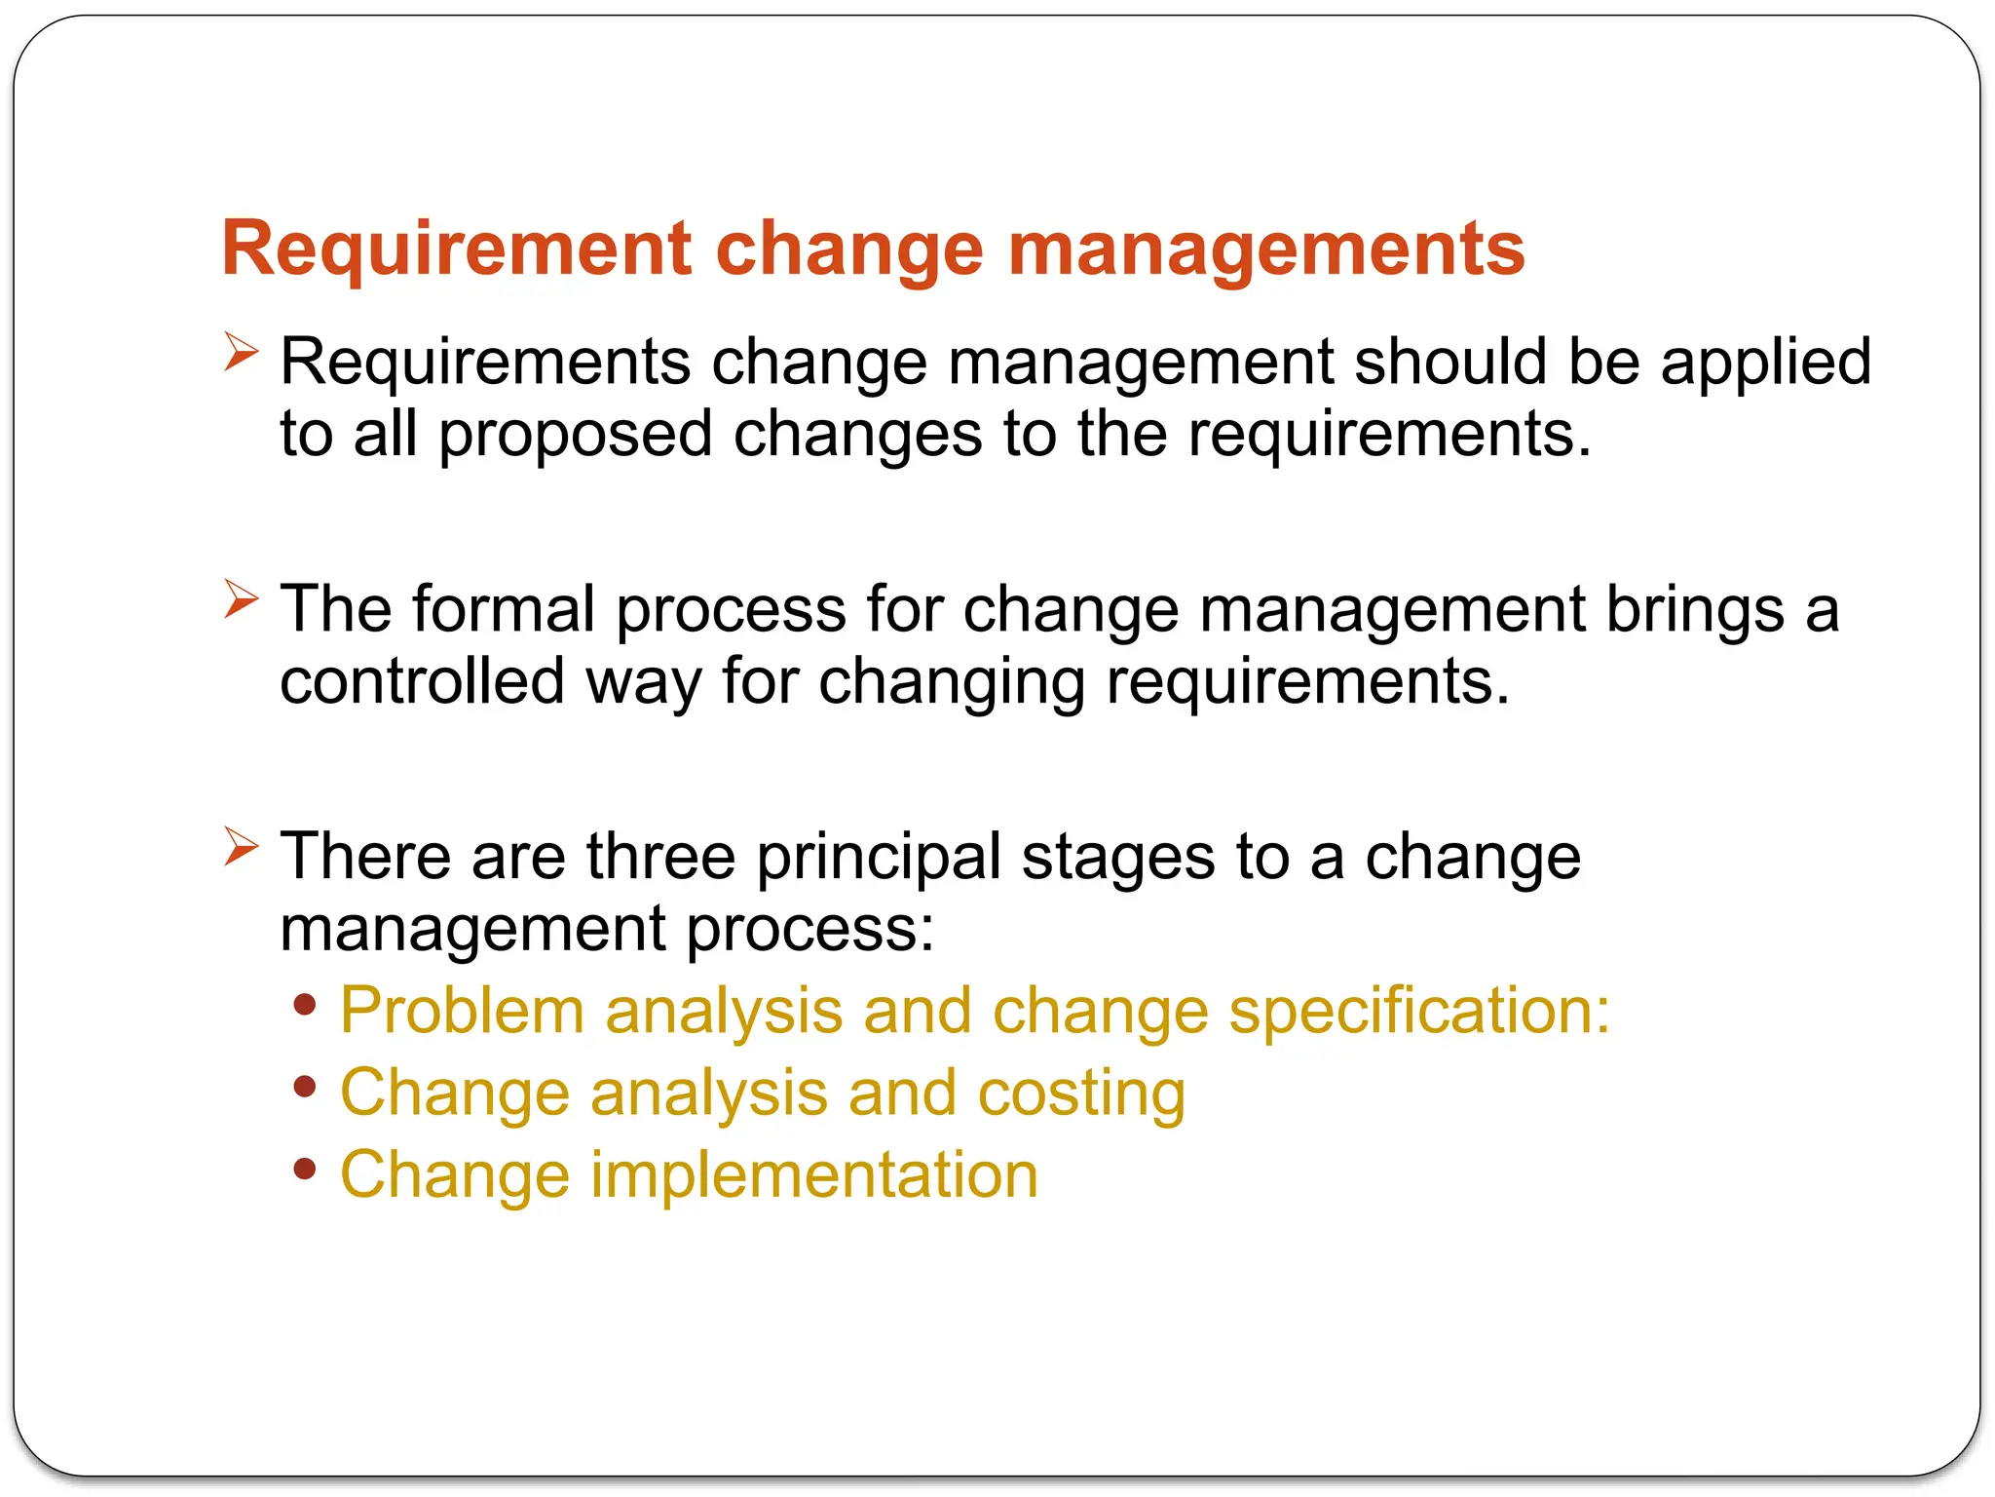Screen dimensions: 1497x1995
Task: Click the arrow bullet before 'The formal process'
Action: click(x=241, y=598)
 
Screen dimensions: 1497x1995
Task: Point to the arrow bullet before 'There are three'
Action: click(x=241, y=846)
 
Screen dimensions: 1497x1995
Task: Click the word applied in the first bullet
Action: click(x=1765, y=363)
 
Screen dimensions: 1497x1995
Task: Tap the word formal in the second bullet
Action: click(x=503, y=610)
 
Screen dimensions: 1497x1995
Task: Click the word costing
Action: click(x=1081, y=1094)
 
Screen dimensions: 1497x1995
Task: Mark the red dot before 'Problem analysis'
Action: click(x=305, y=1005)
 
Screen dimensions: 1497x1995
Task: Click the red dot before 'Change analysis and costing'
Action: click(x=305, y=1087)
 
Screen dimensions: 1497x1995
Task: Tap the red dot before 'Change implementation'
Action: click(x=305, y=1169)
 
